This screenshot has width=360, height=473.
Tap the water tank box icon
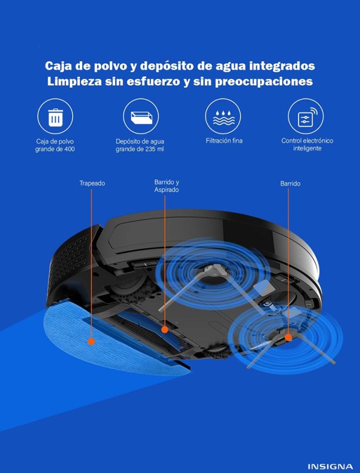(x=141, y=116)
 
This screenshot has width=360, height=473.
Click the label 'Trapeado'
(x=92, y=183)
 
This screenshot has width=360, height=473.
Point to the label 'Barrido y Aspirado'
(x=167, y=186)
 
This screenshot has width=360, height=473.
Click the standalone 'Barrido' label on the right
(x=290, y=183)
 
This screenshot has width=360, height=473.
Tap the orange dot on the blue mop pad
(x=91, y=342)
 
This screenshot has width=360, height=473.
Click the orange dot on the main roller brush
(x=164, y=329)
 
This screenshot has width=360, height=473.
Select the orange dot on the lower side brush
(x=288, y=337)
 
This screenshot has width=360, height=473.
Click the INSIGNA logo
(x=330, y=466)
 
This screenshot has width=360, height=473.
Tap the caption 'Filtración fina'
(x=224, y=141)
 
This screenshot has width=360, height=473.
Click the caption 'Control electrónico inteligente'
(x=307, y=144)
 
